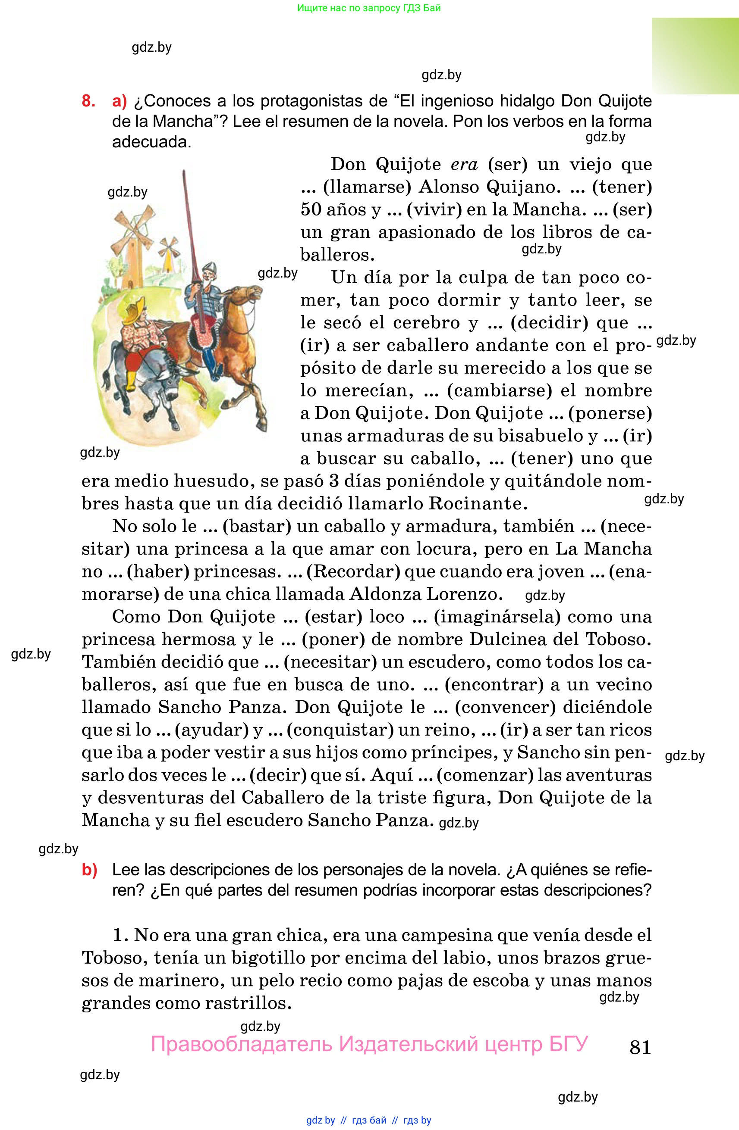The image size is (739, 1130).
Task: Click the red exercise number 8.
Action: click(88, 101)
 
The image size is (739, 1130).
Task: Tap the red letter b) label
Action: click(89, 869)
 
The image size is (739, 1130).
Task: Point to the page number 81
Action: click(640, 1047)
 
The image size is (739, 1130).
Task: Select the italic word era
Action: click(464, 164)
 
